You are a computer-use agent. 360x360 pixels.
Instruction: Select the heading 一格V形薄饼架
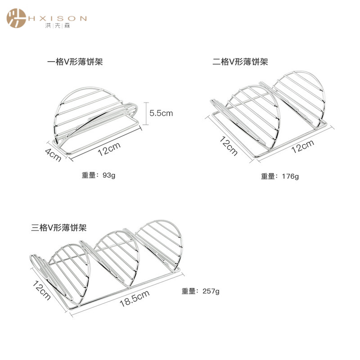point(75,61)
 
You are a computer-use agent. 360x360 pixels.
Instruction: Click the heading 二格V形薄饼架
point(240,61)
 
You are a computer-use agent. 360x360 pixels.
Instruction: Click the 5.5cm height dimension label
point(161,113)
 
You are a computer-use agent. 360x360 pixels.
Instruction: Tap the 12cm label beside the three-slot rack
point(41,289)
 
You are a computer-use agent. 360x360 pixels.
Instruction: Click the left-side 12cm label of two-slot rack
point(228,144)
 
